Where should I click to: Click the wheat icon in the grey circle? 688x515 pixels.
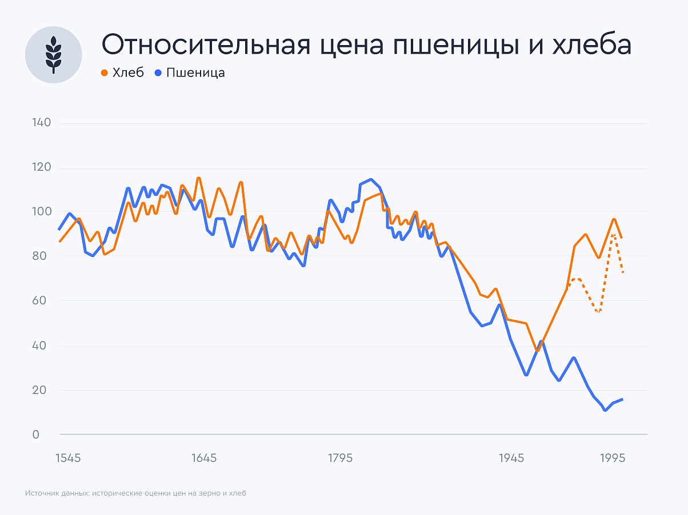click(x=53, y=55)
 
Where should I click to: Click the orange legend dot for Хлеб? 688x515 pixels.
click(x=105, y=73)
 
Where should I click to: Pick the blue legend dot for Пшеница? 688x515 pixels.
click(x=158, y=73)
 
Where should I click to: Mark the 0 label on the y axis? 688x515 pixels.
click(x=35, y=434)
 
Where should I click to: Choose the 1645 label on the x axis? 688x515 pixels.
click(x=204, y=458)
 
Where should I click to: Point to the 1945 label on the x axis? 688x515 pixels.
click(x=511, y=458)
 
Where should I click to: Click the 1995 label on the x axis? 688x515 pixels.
click(x=612, y=458)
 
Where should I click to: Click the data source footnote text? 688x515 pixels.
click(x=135, y=493)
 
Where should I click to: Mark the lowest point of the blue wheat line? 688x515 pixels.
click(x=605, y=410)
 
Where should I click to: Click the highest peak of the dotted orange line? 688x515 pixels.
click(x=613, y=235)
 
